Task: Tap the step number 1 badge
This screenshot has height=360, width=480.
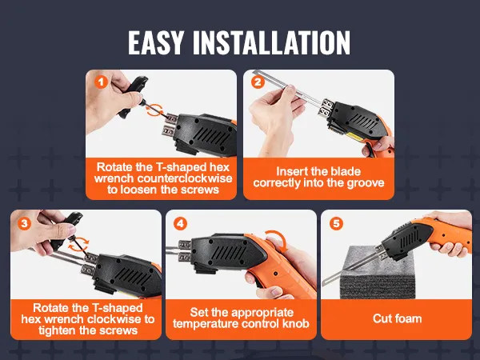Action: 101,82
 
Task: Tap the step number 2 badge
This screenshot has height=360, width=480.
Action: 258,82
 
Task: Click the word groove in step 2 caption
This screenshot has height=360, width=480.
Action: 366,182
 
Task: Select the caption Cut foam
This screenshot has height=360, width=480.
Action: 398,318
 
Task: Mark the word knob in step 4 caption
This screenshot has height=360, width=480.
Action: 292,325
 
